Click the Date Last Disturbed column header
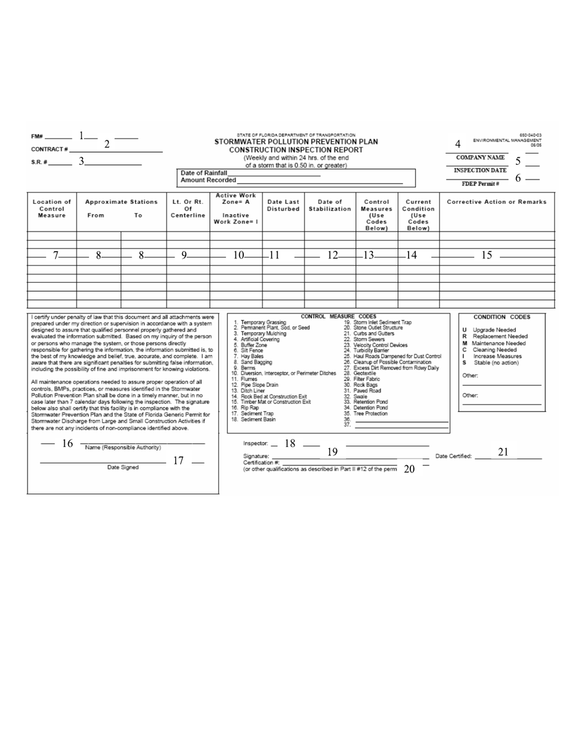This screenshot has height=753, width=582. [x=283, y=205]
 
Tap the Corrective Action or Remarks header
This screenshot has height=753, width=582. [x=496, y=201]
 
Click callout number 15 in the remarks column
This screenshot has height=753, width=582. [x=486, y=257]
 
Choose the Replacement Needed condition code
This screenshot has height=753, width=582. [x=496, y=336]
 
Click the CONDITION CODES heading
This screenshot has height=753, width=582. [x=502, y=317]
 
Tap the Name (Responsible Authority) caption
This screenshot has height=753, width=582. [x=123, y=448]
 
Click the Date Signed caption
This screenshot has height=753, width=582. [x=123, y=467]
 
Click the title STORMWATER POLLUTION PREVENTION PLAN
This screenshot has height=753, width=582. [x=296, y=141]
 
